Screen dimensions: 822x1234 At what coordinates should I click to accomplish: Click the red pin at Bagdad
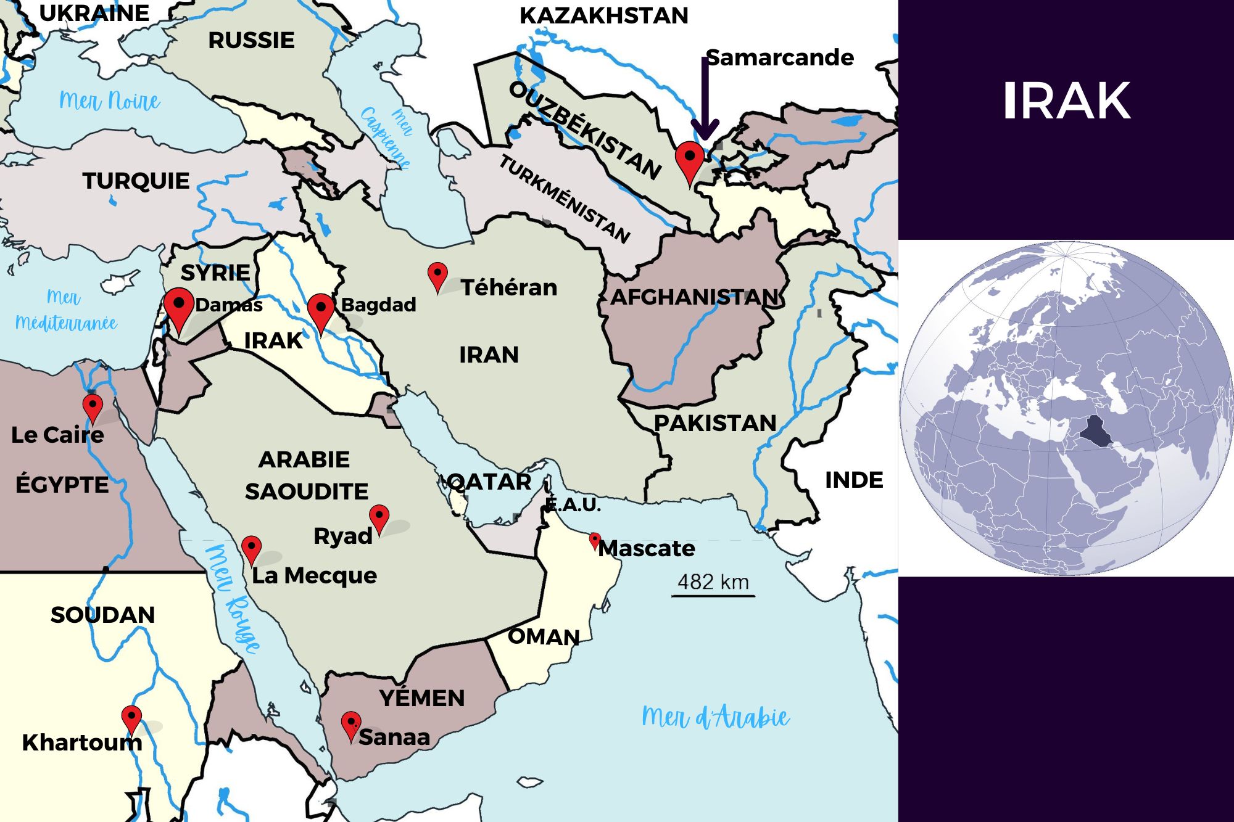pyautogui.click(x=321, y=310)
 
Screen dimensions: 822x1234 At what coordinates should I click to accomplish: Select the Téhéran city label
pyautogui.click(x=508, y=288)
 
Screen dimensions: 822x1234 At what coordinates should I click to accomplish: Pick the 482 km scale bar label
pyautogui.click(x=713, y=582)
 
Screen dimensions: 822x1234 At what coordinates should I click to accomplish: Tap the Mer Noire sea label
pyautogui.click(x=110, y=101)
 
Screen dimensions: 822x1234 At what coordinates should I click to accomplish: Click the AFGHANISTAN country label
pyautogui.click(x=695, y=297)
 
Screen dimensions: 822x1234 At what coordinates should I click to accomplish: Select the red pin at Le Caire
pyautogui.click(x=93, y=407)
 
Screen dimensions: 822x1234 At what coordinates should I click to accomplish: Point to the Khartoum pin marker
pyautogui.click(x=131, y=718)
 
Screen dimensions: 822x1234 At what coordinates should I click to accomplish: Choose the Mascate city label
pyautogui.click(x=647, y=548)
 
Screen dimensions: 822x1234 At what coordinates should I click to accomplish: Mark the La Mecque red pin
pyautogui.click(x=251, y=549)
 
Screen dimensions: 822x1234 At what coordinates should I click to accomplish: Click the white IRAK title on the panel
pyautogui.click(x=1066, y=101)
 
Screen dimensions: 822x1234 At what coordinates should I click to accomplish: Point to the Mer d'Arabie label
pyautogui.click(x=715, y=717)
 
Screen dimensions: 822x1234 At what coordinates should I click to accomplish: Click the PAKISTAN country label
pyautogui.click(x=714, y=424)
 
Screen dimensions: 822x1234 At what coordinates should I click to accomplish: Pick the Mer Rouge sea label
pyautogui.click(x=233, y=598)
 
